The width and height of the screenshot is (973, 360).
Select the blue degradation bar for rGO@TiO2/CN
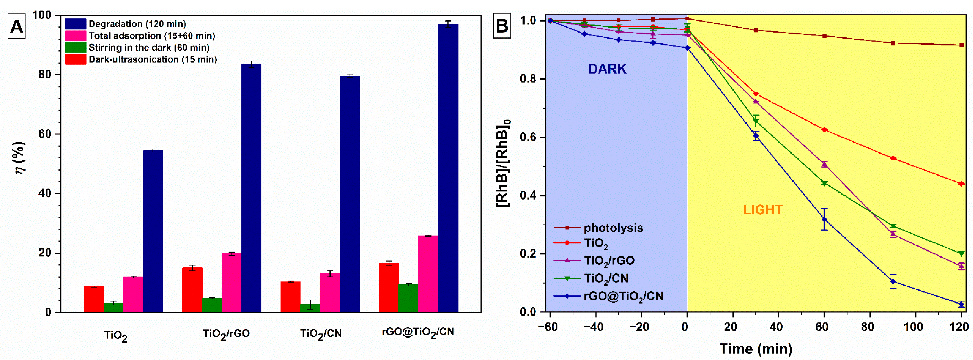448,168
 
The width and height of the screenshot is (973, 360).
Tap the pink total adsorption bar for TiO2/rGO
232,283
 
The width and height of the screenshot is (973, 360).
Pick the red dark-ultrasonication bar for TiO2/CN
290,297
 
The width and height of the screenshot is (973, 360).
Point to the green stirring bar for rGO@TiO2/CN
408,298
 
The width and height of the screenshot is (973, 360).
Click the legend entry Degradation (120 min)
137,24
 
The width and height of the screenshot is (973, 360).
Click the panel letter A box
17,26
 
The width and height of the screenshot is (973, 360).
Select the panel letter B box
502,26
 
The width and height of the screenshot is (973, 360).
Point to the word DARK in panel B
607,69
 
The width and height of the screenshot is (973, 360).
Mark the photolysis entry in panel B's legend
613,228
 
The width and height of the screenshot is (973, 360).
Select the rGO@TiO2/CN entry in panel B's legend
623,296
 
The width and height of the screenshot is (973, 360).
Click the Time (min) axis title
755,349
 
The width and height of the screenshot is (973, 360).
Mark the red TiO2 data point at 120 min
961,184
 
